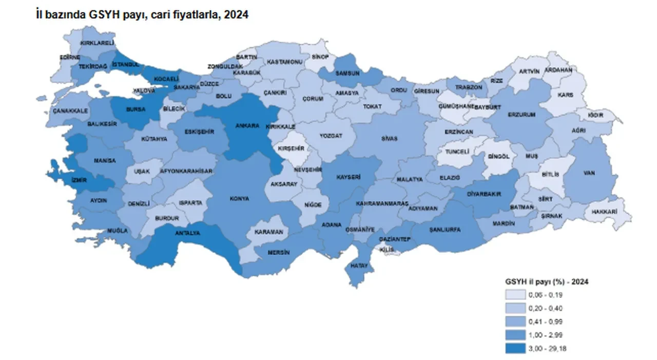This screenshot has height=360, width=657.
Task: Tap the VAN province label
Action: point(589,173)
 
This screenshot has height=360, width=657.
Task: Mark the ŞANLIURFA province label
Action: point(445,229)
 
